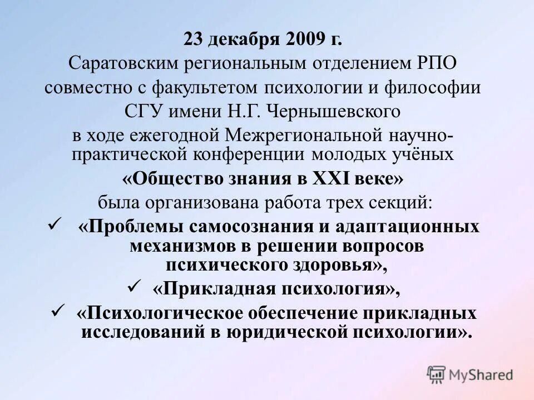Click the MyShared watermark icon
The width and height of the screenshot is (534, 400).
pos(437,374)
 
